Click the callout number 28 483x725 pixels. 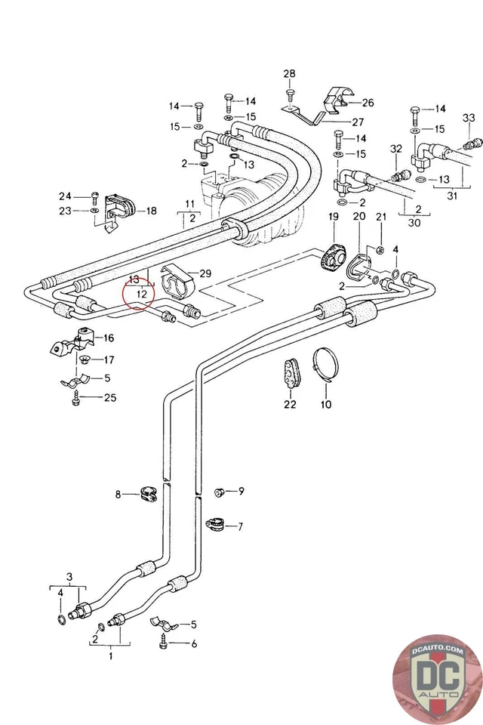(289, 74)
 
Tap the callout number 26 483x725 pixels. (368, 102)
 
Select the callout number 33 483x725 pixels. (468, 117)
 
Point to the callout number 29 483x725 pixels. (205, 273)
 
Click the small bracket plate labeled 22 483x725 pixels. (291, 372)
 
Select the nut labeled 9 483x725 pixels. (220, 492)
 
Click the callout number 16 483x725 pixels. (109, 338)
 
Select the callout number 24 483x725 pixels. (66, 196)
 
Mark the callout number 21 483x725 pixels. (381, 217)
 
